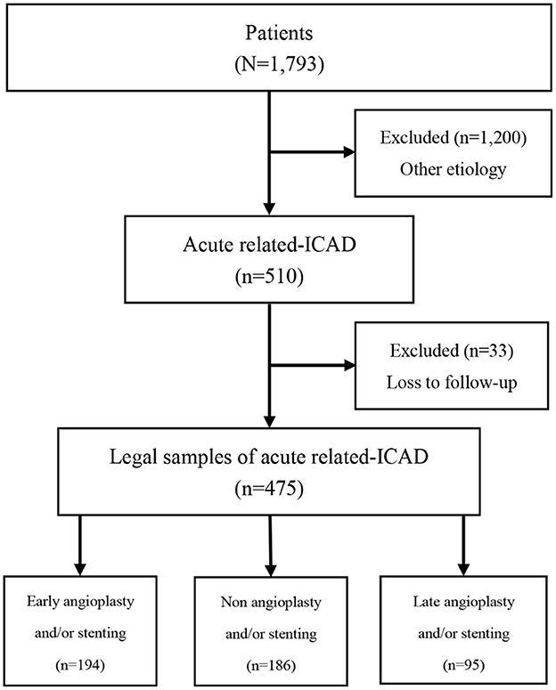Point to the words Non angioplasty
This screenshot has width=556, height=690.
coord(267,597)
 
